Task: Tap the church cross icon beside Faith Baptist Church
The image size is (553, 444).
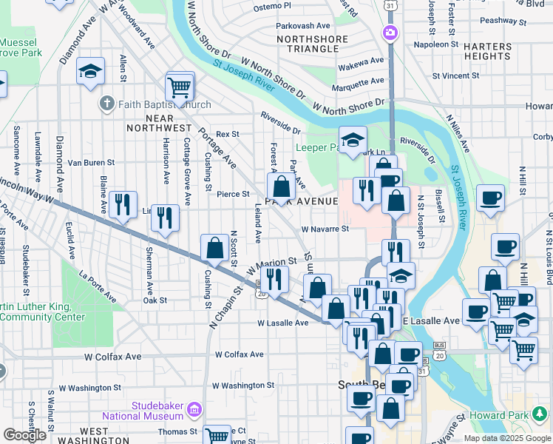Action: (x=108, y=104)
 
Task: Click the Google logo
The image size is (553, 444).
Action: (x=24, y=435)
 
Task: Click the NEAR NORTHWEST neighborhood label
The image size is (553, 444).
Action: (x=150, y=123)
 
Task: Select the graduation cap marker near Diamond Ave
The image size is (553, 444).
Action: (x=91, y=71)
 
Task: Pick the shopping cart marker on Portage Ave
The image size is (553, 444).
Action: (x=180, y=87)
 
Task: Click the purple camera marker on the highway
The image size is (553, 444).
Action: (x=390, y=33)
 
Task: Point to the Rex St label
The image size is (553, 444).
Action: (x=228, y=135)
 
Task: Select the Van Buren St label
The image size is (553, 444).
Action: (x=91, y=162)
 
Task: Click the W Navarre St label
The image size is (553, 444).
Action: (x=325, y=229)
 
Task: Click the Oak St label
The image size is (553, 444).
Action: (x=155, y=300)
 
